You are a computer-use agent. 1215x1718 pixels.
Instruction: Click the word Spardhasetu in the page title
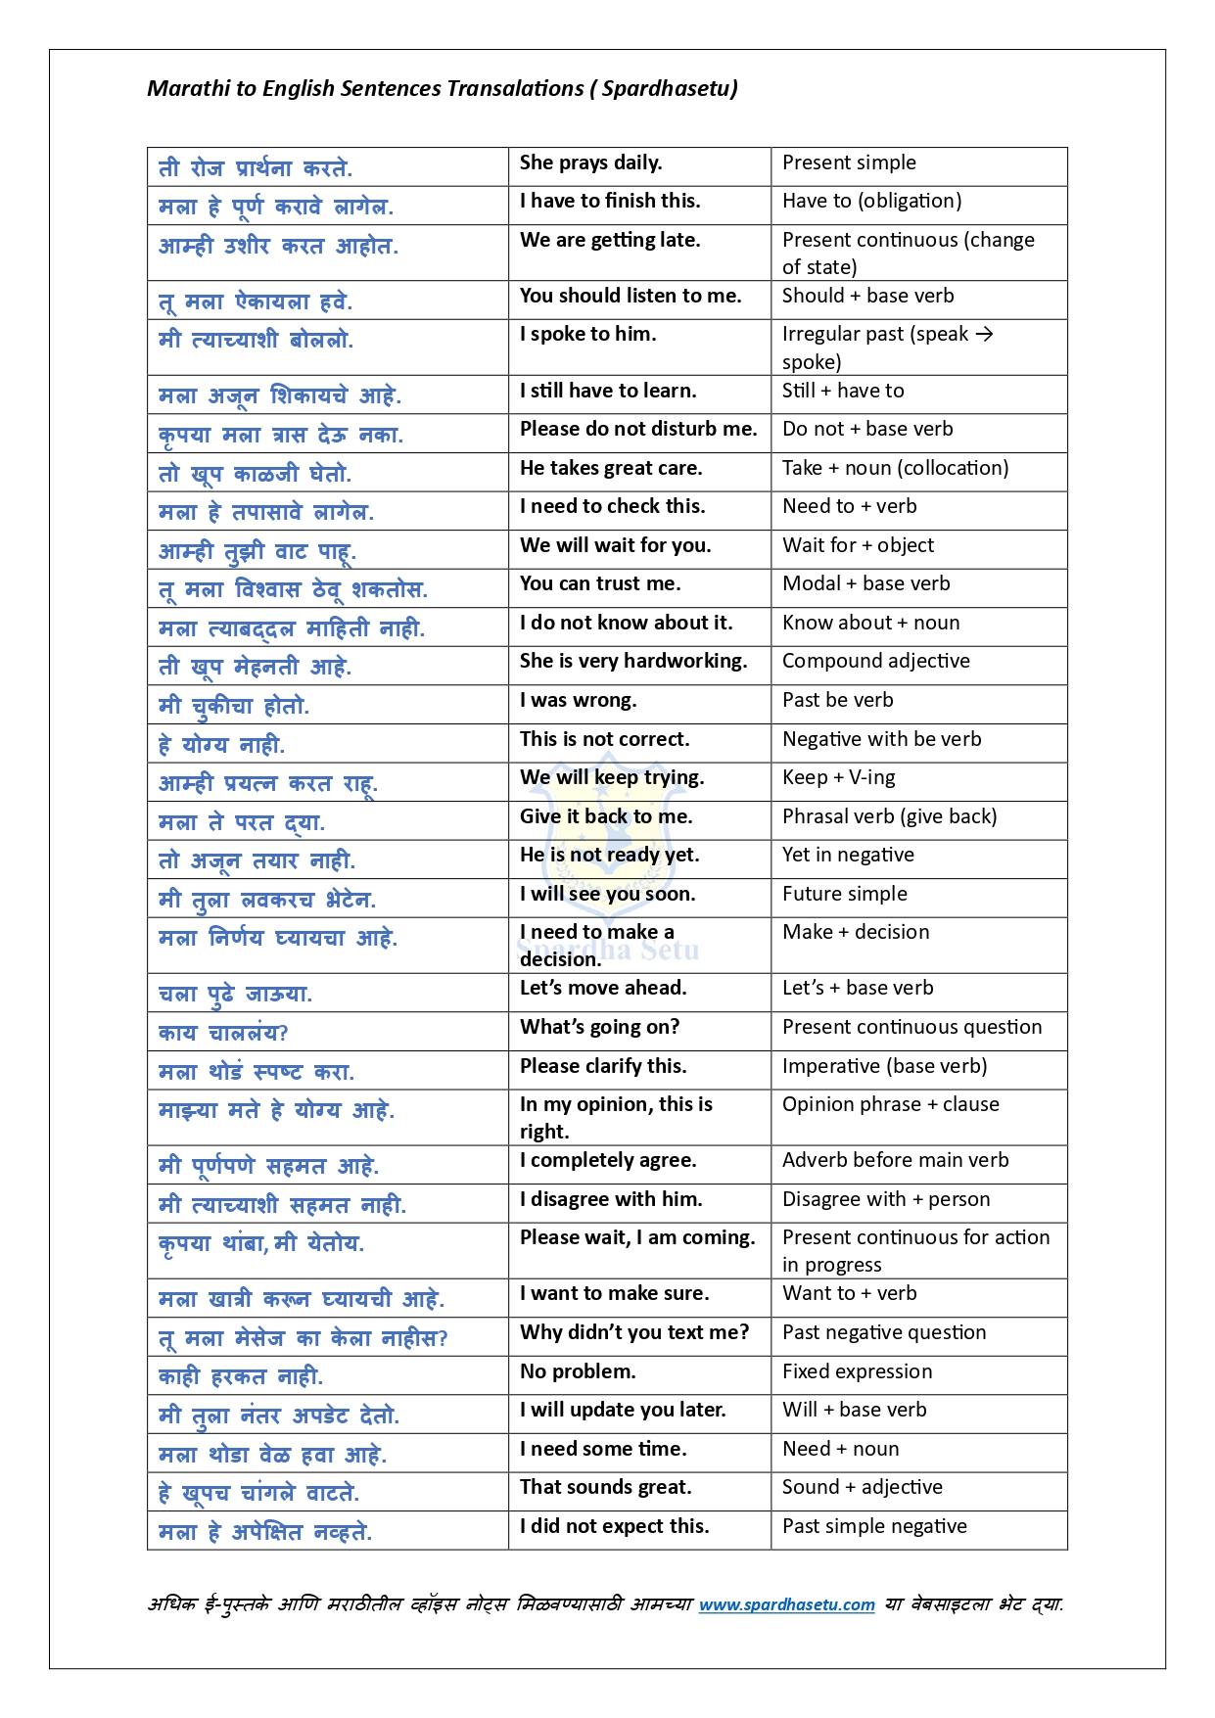666,89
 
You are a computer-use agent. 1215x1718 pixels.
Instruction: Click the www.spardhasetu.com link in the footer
786,1604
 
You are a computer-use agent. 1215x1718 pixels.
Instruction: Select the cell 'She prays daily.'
590,163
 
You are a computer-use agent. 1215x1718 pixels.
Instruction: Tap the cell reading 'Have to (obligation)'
871,202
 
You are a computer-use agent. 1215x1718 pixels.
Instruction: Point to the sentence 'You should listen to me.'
631,297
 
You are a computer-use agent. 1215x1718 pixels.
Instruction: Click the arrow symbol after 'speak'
984,335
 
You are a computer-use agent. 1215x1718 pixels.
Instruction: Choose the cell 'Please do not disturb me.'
638,430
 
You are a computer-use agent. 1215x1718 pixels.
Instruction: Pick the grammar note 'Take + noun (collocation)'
895,469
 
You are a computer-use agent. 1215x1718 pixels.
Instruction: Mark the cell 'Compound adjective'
875,662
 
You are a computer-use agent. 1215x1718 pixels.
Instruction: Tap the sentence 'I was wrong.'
578,701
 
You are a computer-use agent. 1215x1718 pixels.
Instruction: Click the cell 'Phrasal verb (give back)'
889,817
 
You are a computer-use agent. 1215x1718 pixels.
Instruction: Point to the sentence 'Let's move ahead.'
603,989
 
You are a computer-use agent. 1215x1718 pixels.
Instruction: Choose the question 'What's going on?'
599,1028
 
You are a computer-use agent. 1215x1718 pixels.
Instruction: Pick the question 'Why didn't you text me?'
634,1333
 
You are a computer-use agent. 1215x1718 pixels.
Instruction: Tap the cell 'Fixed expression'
857,1372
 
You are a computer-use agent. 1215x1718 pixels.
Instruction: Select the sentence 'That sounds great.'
605,1488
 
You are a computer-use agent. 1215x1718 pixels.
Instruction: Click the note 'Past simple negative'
874,1527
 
